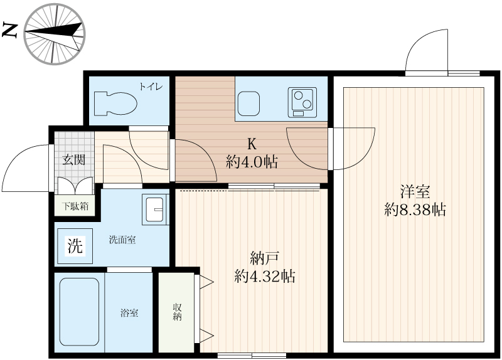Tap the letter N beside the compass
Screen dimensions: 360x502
(x=11, y=30)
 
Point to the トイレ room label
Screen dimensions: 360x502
(x=151, y=87)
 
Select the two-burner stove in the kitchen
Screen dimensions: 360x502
(x=302, y=102)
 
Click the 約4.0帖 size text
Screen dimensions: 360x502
(x=252, y=161)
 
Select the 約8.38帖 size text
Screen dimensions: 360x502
(x=415, y=210)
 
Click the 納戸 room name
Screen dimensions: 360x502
(x=264, y=257)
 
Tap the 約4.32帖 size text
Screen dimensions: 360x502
(x=264, y=276)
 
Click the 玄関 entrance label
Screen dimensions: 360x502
(x=73, y=159)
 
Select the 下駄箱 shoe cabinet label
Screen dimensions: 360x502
(x=75, y=205)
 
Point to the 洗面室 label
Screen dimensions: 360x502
(x=122, y=240)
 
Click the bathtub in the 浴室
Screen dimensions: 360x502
(x=79, y=311)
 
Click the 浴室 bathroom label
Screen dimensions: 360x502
(x=129, y=312)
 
